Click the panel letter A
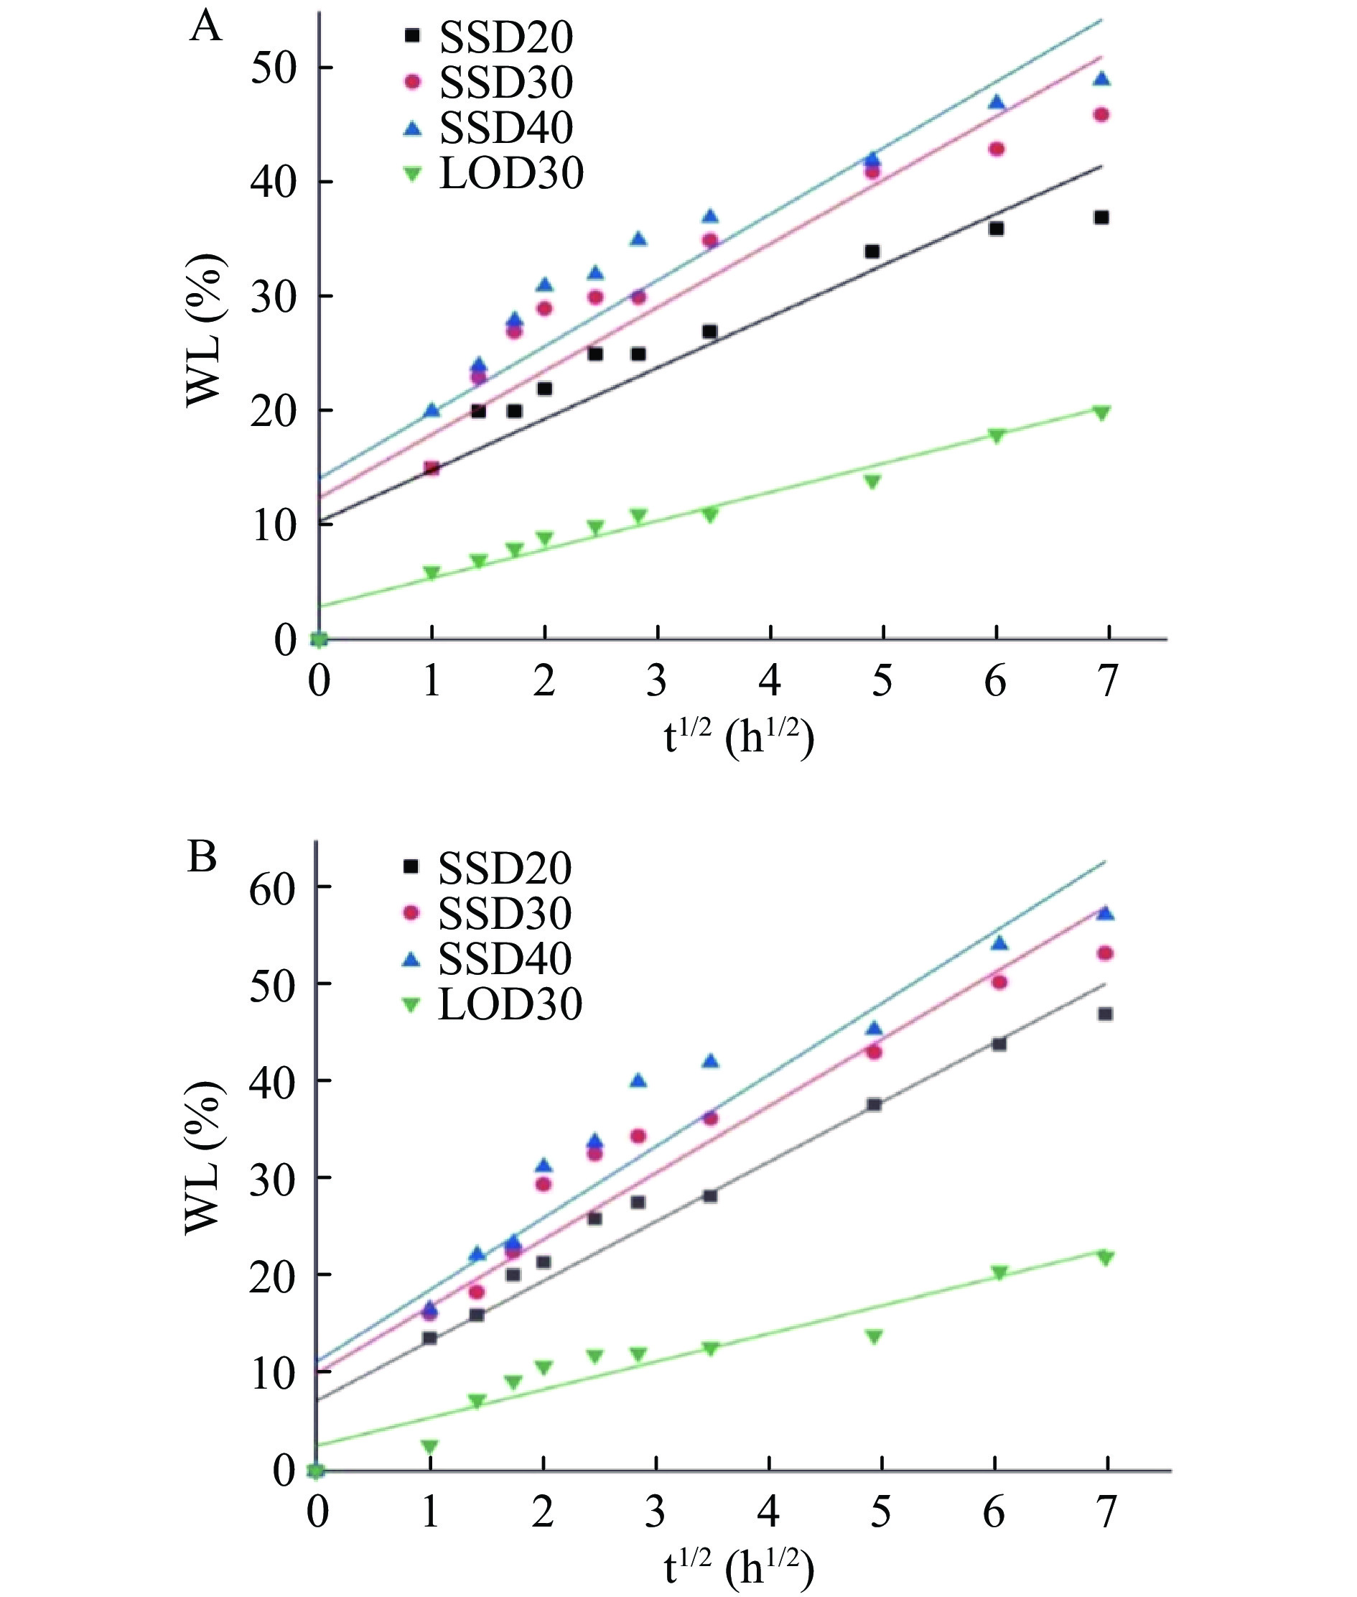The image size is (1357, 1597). tap(205, 28)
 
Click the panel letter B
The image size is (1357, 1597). tap(202, 856)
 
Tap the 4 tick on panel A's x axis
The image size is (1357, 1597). tap(770, 680)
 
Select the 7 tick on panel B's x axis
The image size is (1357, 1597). tap(1106, 1512)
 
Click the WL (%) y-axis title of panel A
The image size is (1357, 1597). tap(206, 331)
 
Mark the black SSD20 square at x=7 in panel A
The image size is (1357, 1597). tap(1101, 218)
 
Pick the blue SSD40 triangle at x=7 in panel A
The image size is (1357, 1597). tap(1101, 79)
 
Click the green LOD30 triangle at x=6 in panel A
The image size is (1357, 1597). tap(997, 435)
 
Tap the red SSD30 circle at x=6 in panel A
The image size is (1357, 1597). tap(997, 149)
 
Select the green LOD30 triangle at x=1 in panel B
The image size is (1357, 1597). tap(429, 1446)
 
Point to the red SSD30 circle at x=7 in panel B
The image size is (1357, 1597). tap(1105, 953)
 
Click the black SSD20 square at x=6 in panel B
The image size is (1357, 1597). tap(999, 1045)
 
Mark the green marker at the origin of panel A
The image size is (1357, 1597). tap(319, 639)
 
